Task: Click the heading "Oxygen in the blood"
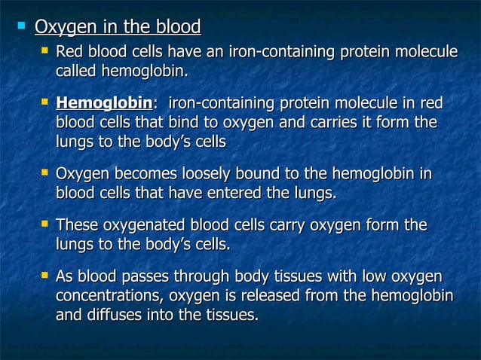tap(118, 29)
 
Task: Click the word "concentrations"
tap(110, 296)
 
